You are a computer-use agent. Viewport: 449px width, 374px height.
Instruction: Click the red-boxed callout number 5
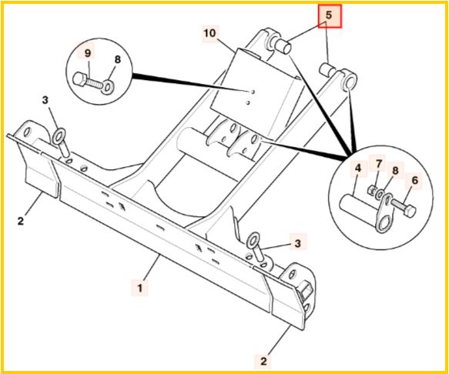coord(328,15)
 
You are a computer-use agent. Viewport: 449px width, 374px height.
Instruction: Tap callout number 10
coord(210,33)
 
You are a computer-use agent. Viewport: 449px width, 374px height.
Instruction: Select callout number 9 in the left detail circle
coord(88,53)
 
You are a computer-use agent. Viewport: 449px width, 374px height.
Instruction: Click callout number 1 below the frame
coord(139,288)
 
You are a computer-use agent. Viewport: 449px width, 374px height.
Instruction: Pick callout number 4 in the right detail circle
coord(358,169)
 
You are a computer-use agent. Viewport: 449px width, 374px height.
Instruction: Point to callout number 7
coord(379,164)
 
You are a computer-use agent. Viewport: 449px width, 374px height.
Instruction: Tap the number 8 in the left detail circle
coord(117,59)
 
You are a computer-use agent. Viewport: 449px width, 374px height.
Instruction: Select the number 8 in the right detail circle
coord(395,171)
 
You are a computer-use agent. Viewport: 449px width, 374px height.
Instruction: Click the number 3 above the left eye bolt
coord(45,100)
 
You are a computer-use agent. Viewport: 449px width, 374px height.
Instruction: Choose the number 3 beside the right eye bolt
coord(298,243)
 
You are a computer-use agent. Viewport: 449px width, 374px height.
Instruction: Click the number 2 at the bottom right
coord(263,361)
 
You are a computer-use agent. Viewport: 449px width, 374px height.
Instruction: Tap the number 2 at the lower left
coord(21,221)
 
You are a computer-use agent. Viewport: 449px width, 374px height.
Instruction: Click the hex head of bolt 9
coord(79,78)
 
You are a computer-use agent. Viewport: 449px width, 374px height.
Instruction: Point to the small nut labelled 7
coord(372,190)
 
